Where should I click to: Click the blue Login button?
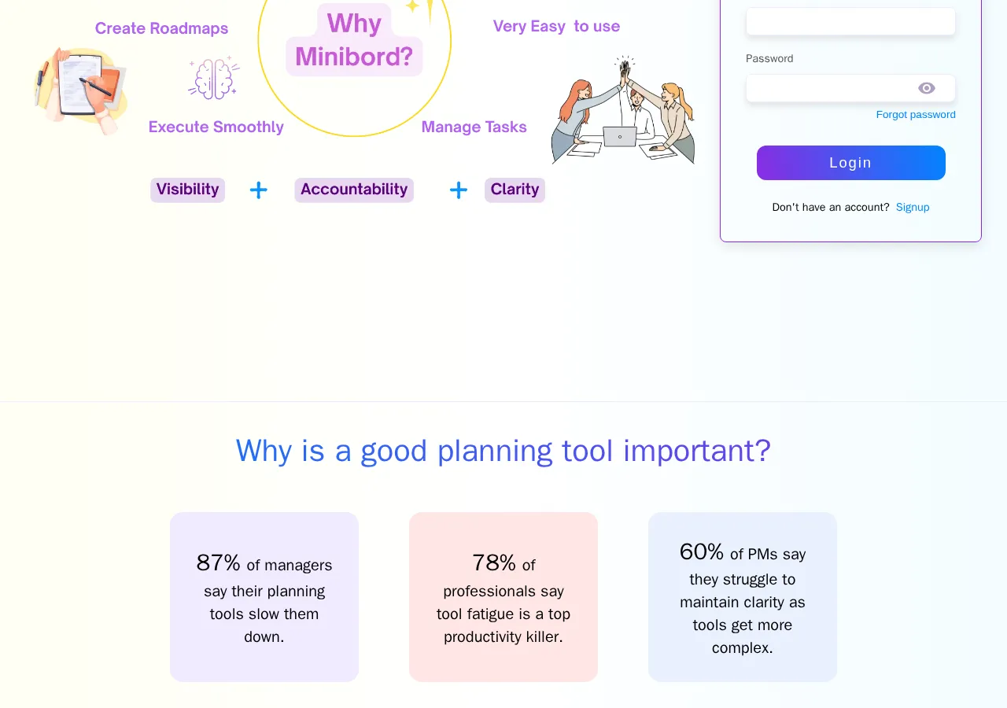click(x=850, y=163)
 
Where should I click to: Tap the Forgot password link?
click(x=915, y=115)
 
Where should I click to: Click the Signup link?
click(x=913, y=208)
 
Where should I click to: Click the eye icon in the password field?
click(x=926, y=88)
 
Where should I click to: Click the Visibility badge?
click(x=187, y=190)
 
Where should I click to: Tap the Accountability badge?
click(x=354, y=190)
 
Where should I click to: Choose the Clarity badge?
click(x=515, y=190)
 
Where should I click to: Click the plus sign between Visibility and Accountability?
click(x=258, y=190)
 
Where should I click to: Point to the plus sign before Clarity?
click(x=458, y=190)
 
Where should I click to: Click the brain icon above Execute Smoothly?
click(x=213, y=79)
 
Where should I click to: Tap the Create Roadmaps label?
click(x=161, y=28)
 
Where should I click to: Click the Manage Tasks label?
click(x=474, y=127)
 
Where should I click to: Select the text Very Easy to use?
click(x=556, y=26)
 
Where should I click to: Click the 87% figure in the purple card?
click(x=218, y=562)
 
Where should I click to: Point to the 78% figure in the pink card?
click(x=494, y=562)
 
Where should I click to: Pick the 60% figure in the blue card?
click(x=701, y=551)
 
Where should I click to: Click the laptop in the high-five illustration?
click(x=620, y=137)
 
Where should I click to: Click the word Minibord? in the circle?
click(x=354, y=57)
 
